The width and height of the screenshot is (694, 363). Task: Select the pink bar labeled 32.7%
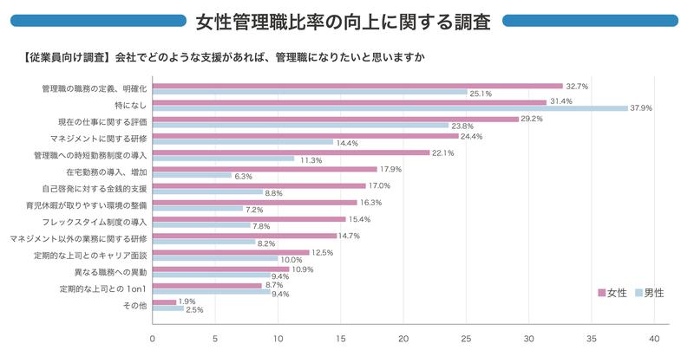click(x=357, y=86)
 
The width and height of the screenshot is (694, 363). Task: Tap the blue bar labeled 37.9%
click(x=390, y=108)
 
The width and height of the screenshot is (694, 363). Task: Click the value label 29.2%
click(x=532, y=119)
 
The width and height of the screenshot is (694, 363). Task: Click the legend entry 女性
click(x=617, y=293)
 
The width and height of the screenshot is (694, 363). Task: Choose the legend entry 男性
click(x=653, y=293)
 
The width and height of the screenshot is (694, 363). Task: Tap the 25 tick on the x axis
click(x=467, y=339)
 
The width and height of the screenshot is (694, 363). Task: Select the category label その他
click(x=135, y=305)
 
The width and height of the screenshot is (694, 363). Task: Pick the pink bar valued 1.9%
click(x=164, y=301)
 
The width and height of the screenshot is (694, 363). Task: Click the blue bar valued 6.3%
click(x=192, y=175)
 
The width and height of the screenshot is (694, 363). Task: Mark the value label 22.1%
click(x=442, y=152)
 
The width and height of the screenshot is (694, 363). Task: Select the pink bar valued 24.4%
click(x=305, y=135)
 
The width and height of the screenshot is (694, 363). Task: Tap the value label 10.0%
click(x=292, y=259)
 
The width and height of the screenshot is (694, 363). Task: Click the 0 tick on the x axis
click(x=153, y=339)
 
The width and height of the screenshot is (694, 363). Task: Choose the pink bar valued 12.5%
click(x=231, y=252)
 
